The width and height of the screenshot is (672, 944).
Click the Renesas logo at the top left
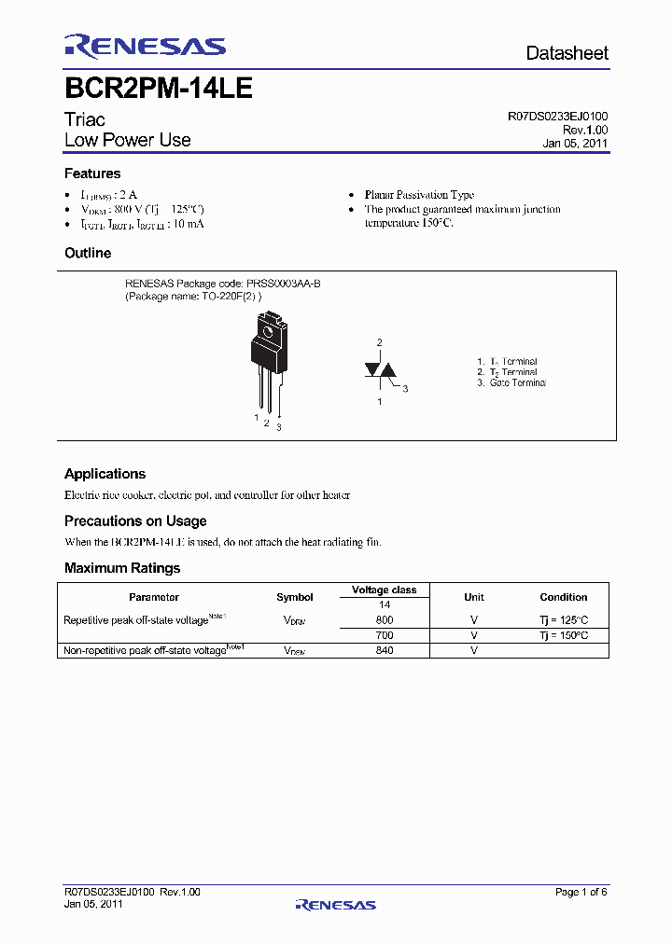click(145, 47)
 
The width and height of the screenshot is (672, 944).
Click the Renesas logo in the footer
click(335, 904)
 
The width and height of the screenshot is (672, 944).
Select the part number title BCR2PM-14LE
click(158, 89)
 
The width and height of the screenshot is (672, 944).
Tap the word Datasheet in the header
click(567, 53)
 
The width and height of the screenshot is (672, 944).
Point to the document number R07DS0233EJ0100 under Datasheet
click(558, 117)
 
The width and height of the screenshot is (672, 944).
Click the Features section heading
click(92, 174)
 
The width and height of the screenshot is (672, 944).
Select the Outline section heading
click(88, 253)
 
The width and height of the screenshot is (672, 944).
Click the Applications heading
click(105, 474)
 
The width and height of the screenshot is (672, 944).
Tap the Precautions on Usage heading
click(135, 521)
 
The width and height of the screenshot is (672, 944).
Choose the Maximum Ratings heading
click(122, 567)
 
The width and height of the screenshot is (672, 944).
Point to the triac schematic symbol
click(380, 370)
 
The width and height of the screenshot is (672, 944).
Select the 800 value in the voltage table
click(384, 620)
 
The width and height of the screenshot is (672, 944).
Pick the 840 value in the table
click(384, 650)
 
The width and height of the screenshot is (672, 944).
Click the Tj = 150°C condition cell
click(563, 635)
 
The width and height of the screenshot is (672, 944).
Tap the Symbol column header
click(295, 597)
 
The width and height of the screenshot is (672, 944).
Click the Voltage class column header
click(384, 590)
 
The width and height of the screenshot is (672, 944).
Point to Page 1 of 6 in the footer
click(581, 892)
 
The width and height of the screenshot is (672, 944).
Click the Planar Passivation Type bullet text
click(419, 195)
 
